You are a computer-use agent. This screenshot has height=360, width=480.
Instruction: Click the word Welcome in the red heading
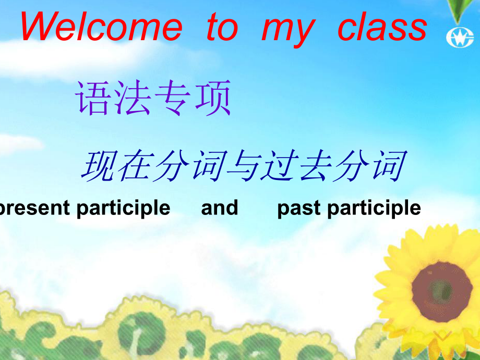[x=102, y=27]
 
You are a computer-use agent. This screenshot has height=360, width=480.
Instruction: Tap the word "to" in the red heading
[x=223, y=27]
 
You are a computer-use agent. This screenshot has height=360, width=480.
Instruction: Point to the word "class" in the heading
[x=382, y=27]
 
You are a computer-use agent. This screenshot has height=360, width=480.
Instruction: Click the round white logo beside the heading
[x=460, y=38]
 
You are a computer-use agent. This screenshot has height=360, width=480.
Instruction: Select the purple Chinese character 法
[x=132, y=98]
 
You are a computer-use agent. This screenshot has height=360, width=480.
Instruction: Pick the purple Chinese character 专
[x=172, y=98]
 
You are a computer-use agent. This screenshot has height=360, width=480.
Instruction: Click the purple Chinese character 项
[x=212, y=98]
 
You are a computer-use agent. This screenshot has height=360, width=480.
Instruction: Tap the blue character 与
[x=245, y=165]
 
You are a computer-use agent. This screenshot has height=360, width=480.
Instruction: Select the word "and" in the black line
[x=220, y=208]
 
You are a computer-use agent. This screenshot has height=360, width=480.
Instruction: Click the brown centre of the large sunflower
[x=442, y=291]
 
